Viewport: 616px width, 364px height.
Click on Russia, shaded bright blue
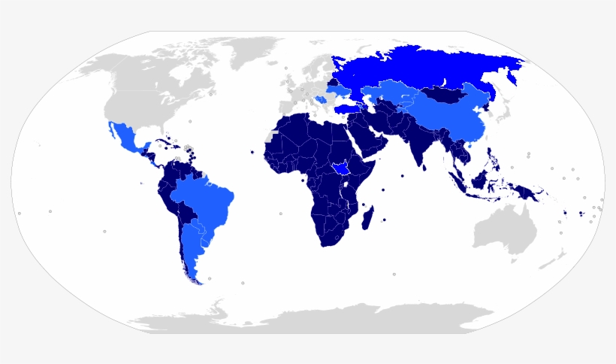pyautogui.click(x=421, y=68)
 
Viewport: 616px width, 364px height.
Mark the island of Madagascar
pyautogui.click(x=368, y=219)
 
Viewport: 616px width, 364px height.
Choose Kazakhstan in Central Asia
pyautogui.click(x=391, y=94)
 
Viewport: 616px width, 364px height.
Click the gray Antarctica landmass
pyautogui.click(x=316, y=320)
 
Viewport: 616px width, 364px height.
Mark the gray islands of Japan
pyautogui.click(x=502, y=113)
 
